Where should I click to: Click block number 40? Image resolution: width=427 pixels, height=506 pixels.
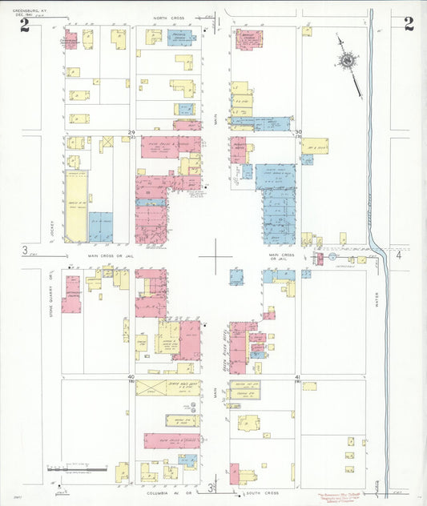click(131, 375)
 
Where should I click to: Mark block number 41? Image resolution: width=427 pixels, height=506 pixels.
click(298, 375)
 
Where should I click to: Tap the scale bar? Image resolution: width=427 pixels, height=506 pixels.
click(77, 466)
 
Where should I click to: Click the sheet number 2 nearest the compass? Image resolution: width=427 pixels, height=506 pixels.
click(409, 23)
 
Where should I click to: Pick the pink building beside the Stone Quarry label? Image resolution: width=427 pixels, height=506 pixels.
click(72, 294)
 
